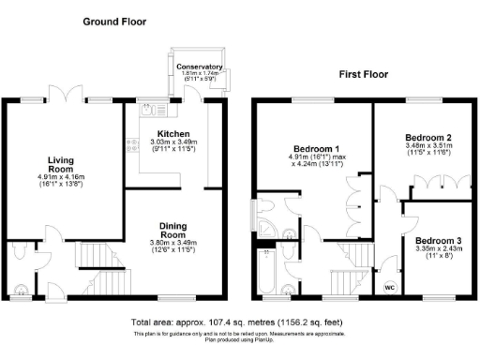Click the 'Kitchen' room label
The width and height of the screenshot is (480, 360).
point(174,134)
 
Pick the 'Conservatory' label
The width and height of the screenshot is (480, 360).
point(199,67)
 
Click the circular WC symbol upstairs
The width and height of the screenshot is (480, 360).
point(389,288)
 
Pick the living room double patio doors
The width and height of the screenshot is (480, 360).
point(67,98)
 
